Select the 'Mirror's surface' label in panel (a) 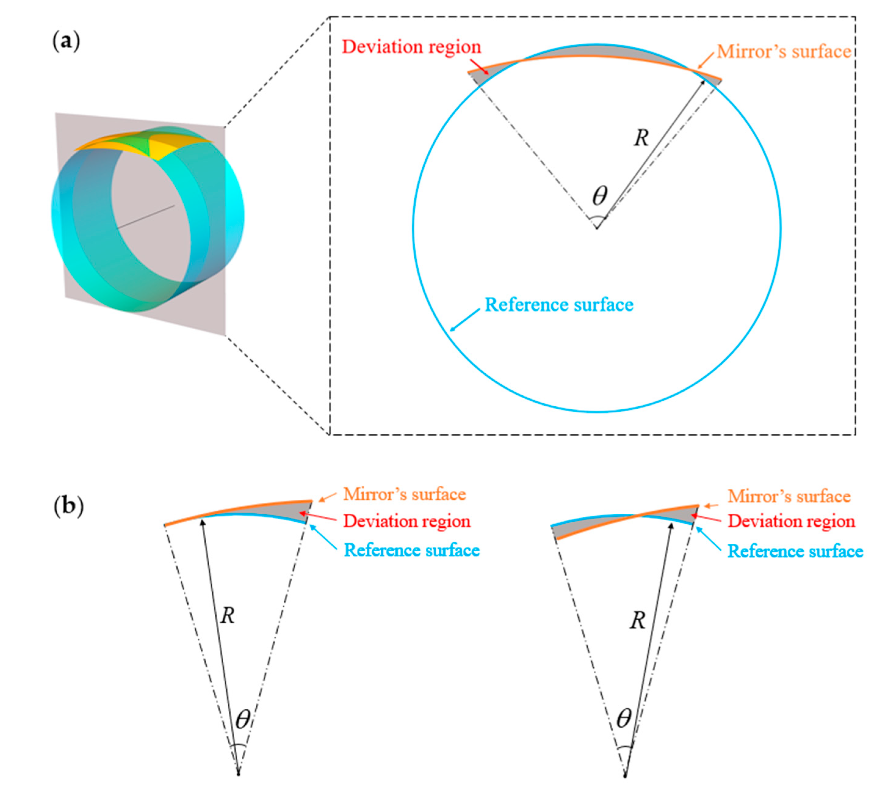coord(784,52)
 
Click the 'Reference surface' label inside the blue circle coord(559,305)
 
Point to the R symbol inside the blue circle coord(641,138)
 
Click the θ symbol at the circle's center coord(600,196)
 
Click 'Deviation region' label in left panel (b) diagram coord(407,521)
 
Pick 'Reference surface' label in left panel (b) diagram coord(412,550)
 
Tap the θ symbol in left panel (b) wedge coord(243,719)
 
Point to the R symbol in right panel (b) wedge coord(637,621)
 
